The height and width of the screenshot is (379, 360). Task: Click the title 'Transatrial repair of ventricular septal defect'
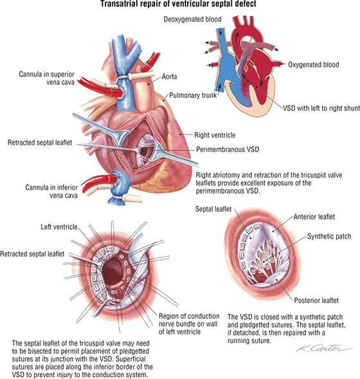(x=178, y=4)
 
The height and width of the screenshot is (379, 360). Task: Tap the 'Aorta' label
(x=169, y=77)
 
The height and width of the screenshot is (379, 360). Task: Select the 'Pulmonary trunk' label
(x=193, y=95)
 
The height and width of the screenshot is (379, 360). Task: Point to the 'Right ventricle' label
(x=215, y=135)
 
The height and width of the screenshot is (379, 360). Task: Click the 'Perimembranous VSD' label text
(x=228, y=149)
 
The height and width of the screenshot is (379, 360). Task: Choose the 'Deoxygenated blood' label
(x=192, y=19)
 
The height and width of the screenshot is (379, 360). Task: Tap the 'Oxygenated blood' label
(x=314, y=64)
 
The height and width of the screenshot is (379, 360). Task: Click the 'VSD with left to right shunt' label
(x=321, y=108)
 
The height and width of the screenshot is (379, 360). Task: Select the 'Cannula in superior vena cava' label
(x=46, y=78)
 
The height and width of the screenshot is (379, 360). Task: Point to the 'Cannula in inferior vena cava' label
(x=51, y=191)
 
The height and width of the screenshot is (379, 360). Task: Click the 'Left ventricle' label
(x=59, y=226)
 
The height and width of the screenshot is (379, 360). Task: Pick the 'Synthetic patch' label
(x=329, y=236)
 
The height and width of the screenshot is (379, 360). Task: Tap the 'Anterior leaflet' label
(x=314, y=217)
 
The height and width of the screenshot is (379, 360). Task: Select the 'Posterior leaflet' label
(x=316, y=300)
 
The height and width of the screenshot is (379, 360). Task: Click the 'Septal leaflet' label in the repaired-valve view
(x=213, y=209)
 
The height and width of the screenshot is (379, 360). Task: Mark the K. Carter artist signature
(x=325, y=348)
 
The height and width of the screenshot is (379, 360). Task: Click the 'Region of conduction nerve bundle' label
(x=189, y=324)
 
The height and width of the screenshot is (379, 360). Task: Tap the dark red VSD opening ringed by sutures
(x=113, y=271)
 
